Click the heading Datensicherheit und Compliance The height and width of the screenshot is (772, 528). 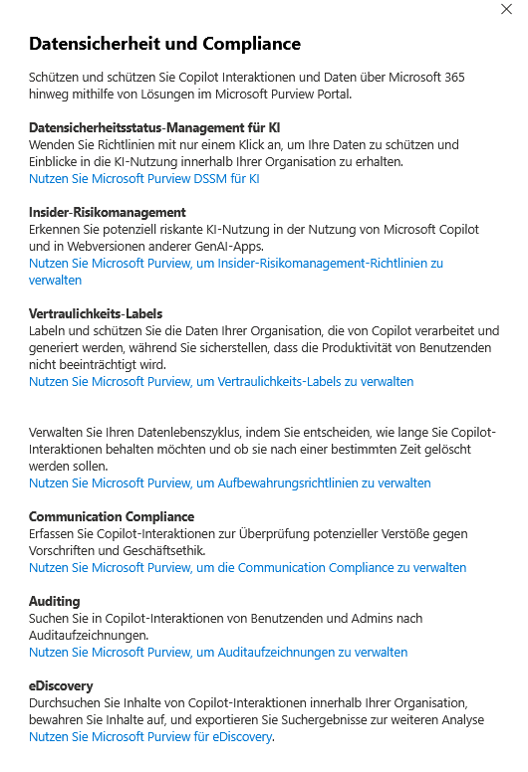(164, 44)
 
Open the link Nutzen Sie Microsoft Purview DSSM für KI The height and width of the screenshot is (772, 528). (144, 179)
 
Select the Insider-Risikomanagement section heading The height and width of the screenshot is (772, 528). (108, 213)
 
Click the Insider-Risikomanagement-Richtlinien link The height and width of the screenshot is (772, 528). (236, 264)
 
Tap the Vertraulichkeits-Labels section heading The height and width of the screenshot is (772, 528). (96, 313)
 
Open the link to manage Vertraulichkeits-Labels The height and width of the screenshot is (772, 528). (221, 381)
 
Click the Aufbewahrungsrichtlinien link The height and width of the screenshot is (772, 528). (230, 482)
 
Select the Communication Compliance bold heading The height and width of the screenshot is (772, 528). (112, 516)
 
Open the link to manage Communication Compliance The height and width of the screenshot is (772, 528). (247, 567)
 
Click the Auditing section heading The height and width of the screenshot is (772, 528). (55, 601)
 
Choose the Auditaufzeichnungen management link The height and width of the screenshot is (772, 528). (218, 652)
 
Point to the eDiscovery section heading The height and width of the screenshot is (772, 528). (61, 685)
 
